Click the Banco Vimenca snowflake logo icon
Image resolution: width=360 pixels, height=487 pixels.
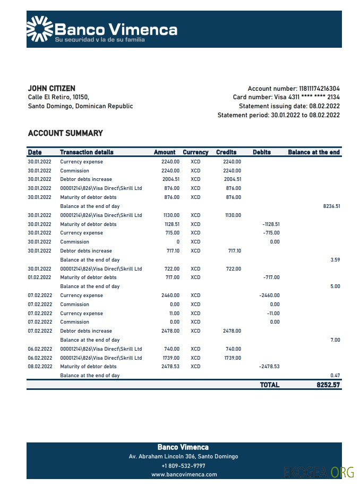(40, 29)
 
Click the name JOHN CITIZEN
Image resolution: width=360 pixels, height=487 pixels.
(52, 89)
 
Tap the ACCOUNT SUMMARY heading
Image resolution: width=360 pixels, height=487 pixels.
(65, 133)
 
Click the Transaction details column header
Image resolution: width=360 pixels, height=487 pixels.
(87, 152)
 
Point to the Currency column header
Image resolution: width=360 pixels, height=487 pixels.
(195, 152)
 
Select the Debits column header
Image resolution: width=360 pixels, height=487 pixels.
(262, 152)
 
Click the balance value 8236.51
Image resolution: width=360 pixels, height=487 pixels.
(331, 206)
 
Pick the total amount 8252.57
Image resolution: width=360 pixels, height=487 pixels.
(328, 385)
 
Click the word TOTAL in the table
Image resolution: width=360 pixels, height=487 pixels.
(270, 385)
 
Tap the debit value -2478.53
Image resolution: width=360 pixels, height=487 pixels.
(269, 367)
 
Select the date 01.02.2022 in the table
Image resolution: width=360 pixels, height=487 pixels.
(40, 277)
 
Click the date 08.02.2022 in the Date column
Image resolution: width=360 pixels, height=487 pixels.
(40, 367)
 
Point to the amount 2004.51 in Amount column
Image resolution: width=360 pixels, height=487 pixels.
(170, 179)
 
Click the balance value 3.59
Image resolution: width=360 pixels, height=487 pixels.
(335, 260)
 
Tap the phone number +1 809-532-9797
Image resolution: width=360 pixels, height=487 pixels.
(183, 466)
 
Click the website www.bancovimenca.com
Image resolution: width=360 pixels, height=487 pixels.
(184, 475)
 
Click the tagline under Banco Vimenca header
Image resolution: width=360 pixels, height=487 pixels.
(100, 40)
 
